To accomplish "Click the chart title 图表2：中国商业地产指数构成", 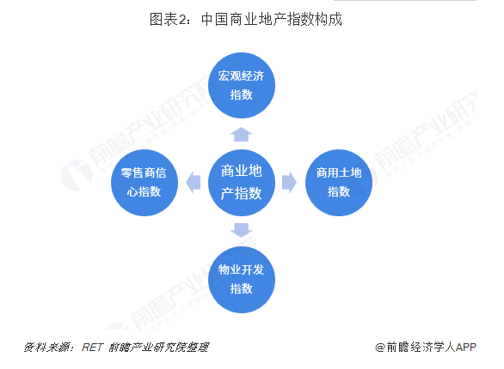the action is [x=246, y=19].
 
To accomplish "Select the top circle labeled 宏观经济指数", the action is [x=242, y=85].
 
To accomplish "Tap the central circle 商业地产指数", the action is [x=242, y=183].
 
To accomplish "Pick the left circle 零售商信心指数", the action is [x=144, y=183].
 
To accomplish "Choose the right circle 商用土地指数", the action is [x=339, y=183].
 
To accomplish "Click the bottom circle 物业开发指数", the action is [x=242, y=280].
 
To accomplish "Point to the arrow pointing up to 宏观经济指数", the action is [x=241, y=135].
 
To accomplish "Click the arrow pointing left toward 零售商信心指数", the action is [x=194, y=183].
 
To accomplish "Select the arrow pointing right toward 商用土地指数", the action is [x=289, y=183].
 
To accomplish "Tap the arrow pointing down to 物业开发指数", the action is [x=241, y=231].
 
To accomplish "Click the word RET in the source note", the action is [x=93, y=348].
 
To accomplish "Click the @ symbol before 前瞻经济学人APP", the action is [x=380, y=348].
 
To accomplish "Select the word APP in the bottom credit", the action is [x=466, y=348].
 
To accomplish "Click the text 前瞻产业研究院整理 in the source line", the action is [x=159, y=348].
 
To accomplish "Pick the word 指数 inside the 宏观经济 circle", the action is [x=242, y=94].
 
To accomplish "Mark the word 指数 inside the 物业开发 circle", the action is [x=242, y=288].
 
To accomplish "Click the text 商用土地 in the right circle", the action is [x=339, y=172].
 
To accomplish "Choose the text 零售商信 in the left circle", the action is [x=144, y=172].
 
